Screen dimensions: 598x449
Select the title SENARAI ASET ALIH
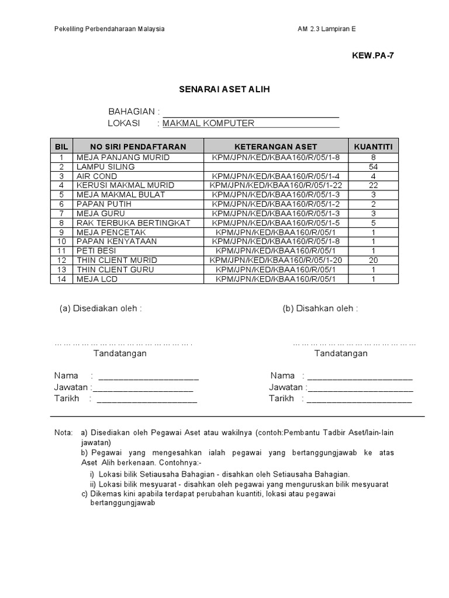224,89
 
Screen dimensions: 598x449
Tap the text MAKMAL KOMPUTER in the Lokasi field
208,123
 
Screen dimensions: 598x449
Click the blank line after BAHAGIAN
251,112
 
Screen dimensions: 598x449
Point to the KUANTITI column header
373,146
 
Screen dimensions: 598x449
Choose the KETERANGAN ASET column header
275,146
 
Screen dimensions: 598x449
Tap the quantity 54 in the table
373,167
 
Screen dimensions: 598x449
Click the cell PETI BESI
96,251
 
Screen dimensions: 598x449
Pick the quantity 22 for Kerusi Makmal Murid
373,186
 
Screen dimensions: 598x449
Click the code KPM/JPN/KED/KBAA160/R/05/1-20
275,260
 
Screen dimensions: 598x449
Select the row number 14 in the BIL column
61,279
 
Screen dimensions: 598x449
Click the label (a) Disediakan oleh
101,308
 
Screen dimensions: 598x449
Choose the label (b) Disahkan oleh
320,308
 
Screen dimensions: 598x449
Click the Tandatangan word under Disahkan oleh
341,353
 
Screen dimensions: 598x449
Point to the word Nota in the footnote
63,433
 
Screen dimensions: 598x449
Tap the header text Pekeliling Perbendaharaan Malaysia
109,29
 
